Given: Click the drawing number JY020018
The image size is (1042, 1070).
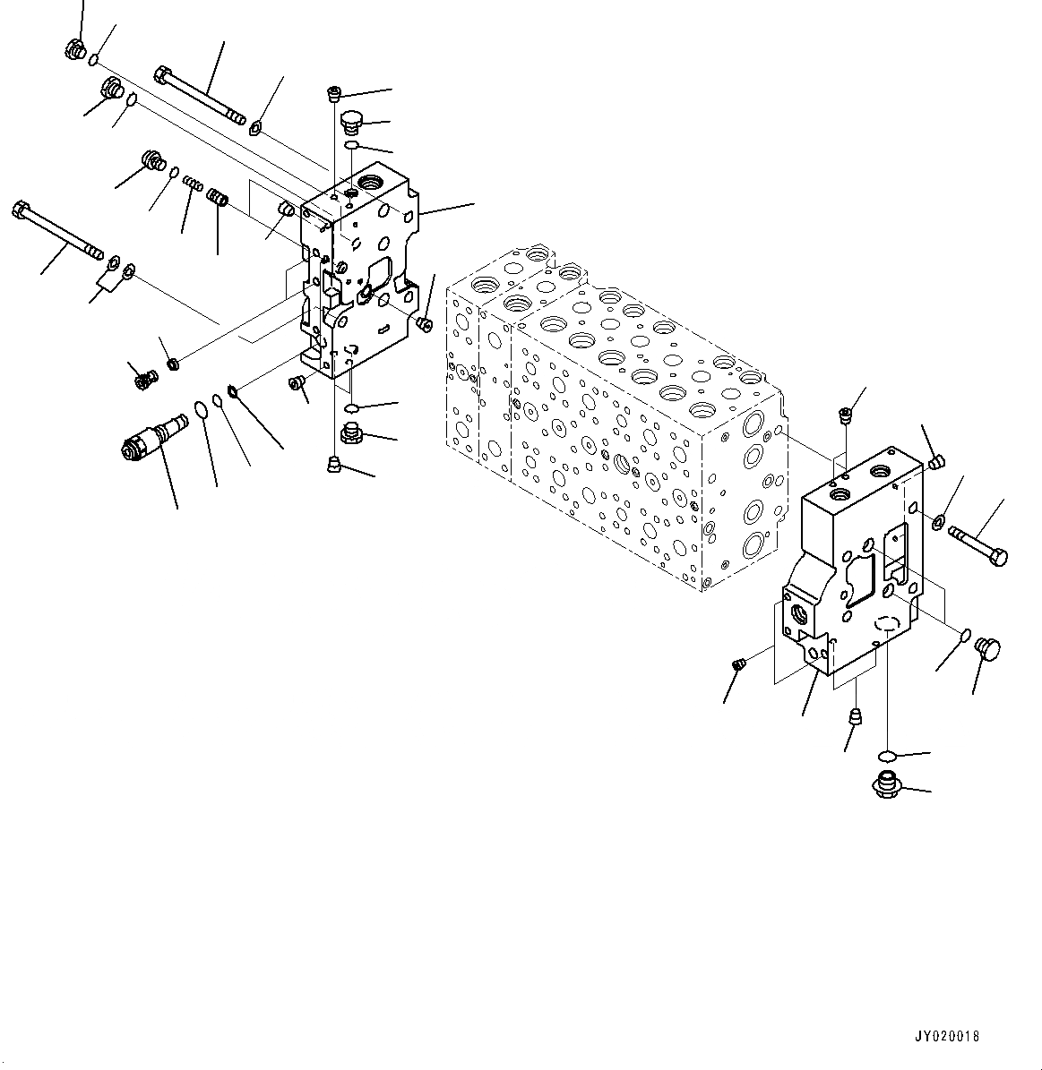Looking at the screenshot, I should [946, 1036].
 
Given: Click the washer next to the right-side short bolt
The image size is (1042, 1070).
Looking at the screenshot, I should [938, 521].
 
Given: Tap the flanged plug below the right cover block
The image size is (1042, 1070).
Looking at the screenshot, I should [883, 785].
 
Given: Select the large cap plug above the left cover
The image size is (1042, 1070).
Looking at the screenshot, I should [352, 122].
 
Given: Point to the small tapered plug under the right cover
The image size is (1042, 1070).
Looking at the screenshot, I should [855, 717].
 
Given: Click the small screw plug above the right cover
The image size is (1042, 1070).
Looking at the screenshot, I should [843, 414].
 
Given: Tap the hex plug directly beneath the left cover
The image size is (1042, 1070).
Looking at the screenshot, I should [350, 435].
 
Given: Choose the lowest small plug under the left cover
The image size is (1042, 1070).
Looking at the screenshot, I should [334, 463].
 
